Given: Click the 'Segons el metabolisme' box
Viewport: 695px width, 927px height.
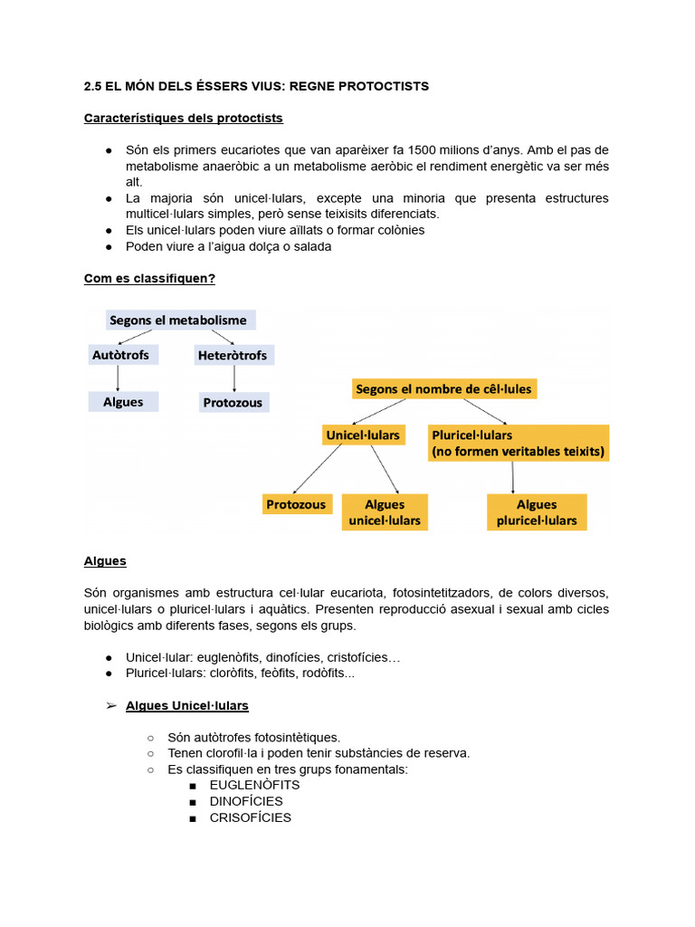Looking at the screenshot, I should tap(177, 320).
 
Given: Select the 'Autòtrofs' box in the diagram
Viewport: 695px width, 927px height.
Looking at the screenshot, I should tap(120, 354).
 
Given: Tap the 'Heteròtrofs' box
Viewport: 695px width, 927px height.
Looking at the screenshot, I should tap(233, 355).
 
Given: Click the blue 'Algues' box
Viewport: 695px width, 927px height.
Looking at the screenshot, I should tap(123, 401).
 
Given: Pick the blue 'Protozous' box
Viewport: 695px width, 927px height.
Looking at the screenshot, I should tap(233, 402).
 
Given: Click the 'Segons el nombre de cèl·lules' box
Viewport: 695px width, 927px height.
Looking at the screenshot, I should tap(444, 388).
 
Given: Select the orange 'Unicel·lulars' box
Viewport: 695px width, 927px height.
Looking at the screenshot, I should tap(363, 435).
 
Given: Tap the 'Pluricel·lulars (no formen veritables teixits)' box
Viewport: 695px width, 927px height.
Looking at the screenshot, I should tap(518, 443).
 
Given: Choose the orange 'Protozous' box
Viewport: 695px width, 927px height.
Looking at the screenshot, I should tap(297, 504).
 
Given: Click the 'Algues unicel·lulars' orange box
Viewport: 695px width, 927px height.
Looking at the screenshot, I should tap(385, 511).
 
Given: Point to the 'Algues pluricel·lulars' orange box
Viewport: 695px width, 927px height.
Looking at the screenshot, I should tap(537, 511).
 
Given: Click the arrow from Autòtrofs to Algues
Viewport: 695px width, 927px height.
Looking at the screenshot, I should tap(119, 377).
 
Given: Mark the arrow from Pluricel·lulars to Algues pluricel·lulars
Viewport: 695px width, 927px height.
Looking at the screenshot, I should tap(514, 477).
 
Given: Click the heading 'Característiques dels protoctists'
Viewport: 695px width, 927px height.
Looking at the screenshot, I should tap(183, 118).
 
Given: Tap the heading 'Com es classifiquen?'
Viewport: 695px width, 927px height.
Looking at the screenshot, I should tap(149, 278).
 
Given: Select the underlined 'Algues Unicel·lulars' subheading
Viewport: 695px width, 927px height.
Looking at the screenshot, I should tap(186, 705).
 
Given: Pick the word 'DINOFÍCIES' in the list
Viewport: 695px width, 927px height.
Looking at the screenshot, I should tap(246, 801).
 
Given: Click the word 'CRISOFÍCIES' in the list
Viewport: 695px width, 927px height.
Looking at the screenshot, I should tap(251, 817).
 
